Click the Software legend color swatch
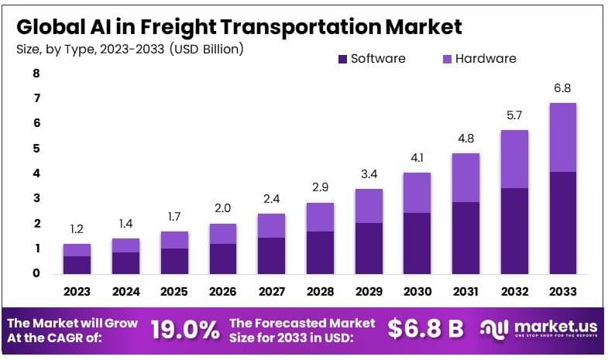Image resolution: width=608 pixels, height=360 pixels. [341, 59]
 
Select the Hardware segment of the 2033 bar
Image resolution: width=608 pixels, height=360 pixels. [562, 137]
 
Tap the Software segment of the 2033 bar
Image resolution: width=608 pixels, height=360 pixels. [562, 223]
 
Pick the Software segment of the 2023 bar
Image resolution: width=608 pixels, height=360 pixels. [77, 265]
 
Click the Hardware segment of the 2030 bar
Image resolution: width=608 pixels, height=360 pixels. [417, 192]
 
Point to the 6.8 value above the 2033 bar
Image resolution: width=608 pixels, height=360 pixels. [562, 88]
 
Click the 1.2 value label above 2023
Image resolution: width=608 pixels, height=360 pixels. [77, 229]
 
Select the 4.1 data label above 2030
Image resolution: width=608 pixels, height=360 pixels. [417, 157]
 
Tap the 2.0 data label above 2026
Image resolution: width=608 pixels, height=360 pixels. [223, 209]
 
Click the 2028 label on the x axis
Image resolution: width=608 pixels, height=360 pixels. [320, 292]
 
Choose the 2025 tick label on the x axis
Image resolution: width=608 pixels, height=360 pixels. [174, 292]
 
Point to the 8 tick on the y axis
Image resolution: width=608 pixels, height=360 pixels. [36, 74]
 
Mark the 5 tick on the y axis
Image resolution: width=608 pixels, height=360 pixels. [36, 149]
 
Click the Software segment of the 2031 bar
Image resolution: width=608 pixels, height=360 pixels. [466, 238]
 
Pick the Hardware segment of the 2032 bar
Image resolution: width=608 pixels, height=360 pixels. [514, 159]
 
